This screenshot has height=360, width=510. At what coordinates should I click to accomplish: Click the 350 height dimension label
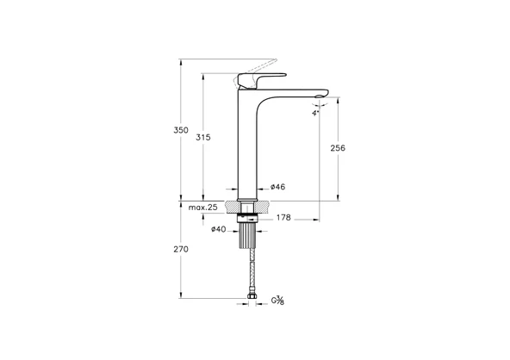(181, 130)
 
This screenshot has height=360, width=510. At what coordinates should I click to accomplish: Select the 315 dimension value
(203, 137)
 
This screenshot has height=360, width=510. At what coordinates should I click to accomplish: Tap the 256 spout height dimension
(338, 148)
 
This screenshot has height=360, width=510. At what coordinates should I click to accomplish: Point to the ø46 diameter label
(277, 187)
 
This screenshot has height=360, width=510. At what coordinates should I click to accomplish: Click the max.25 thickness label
(202, 208)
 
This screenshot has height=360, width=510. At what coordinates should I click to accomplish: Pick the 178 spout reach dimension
(283, 218)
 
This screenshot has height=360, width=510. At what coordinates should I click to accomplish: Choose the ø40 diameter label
(219, 229)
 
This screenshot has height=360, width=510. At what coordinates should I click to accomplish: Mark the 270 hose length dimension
(181, 249)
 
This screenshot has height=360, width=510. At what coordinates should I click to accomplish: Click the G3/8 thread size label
(277, 301)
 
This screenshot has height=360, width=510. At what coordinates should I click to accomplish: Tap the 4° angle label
(316, 114)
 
